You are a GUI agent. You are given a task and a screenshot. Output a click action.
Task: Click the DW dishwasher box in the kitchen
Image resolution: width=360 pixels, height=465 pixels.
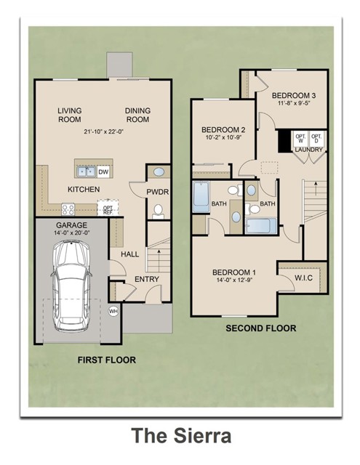click(103, 172)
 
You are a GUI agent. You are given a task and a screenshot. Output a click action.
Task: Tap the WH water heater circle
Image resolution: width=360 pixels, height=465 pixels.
click(113, 311)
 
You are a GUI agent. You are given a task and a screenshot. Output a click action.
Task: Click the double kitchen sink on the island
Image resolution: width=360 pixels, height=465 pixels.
click(86, 172)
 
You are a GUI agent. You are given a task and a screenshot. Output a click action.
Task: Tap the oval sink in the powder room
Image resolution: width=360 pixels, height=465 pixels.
click(158, 174)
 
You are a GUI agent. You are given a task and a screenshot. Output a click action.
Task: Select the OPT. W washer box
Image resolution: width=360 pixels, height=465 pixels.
click(298, 138)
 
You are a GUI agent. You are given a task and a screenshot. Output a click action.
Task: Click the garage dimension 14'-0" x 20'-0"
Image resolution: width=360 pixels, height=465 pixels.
click(71, 233)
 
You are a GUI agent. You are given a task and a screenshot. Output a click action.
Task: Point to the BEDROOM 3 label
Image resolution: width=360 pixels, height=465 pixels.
click(294, 95)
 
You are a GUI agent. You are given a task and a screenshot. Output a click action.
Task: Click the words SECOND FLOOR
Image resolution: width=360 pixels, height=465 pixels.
click(260, 328)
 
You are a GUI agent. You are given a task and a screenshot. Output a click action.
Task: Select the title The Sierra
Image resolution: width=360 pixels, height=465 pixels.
click(181, 435)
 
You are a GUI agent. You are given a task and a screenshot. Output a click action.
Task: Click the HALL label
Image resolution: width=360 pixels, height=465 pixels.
click(129, 254)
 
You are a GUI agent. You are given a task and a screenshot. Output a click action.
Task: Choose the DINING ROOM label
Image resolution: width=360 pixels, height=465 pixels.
click(137, 115)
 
